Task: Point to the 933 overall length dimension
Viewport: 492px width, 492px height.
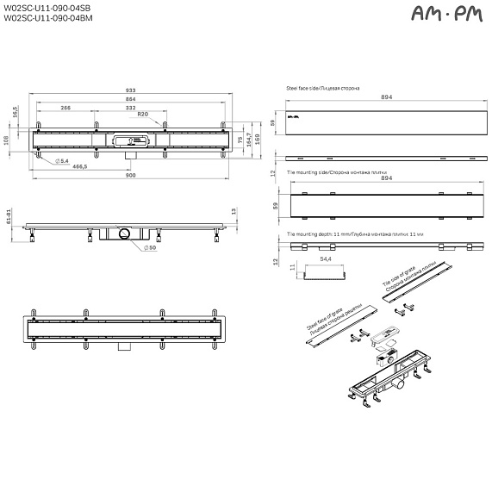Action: (x=130, y=89)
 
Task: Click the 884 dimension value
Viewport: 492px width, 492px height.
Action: (x=130, y=98)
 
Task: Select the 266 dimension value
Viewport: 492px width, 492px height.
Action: (x=65, y=108)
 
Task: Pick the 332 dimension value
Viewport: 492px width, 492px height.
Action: (x=130, y=108)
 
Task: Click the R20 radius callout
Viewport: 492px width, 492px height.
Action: (x=143, y=115)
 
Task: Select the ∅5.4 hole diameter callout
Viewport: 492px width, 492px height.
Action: (x=62, y=162)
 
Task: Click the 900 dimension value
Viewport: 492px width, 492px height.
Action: (x=130, y=176)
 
